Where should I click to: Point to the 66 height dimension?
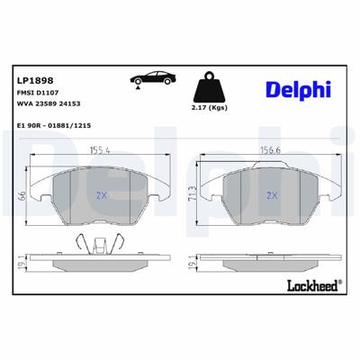21,197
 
